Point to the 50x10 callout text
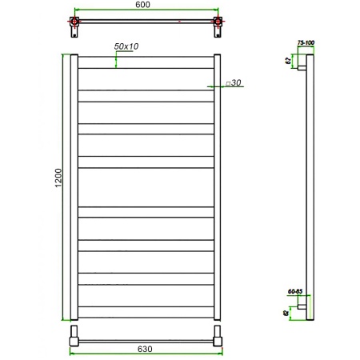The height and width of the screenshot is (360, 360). (126, 47)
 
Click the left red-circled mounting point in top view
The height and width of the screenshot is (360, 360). (74, 22)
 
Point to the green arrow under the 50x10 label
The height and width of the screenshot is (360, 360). (118, 60)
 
